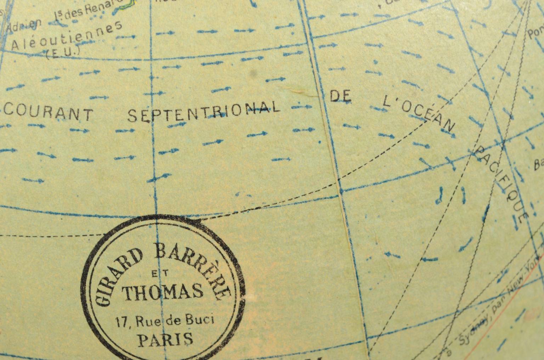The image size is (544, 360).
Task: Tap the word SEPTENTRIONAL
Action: click(203, 111)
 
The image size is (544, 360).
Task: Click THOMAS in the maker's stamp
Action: click(163, 292)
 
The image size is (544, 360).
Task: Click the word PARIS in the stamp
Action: click(165, 340)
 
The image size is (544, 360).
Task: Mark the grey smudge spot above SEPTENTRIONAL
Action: click(253, 73)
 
